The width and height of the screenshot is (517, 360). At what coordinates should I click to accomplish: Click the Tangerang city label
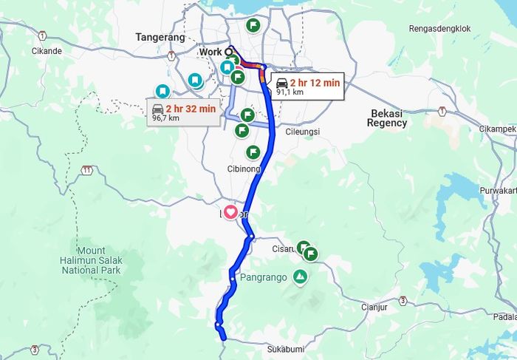click(x=159, y=37)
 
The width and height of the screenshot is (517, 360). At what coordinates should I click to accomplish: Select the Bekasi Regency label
click(x=388, y=118)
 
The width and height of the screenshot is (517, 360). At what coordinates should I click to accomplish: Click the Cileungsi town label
click(x=302, y=132)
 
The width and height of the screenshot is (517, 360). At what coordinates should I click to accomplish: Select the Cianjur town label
click(x=375, y=306)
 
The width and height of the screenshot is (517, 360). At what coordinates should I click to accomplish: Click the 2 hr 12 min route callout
click(x=307, y=86)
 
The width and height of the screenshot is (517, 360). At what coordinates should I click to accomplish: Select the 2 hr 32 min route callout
click(x=183, y=112)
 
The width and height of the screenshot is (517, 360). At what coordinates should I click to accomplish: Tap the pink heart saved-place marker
click(x=230, y=212)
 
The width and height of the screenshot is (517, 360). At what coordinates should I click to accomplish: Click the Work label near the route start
click(x=210, y=52)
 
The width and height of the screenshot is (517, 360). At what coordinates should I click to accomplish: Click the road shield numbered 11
click(x=87, y=170)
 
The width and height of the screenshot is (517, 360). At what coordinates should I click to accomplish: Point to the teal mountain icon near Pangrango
click(x=300, y=277)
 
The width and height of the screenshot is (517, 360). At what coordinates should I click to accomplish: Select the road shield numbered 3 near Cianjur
click(x=403, y=301)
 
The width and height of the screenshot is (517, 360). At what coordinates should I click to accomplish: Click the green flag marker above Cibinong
click(x=253, y=152)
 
